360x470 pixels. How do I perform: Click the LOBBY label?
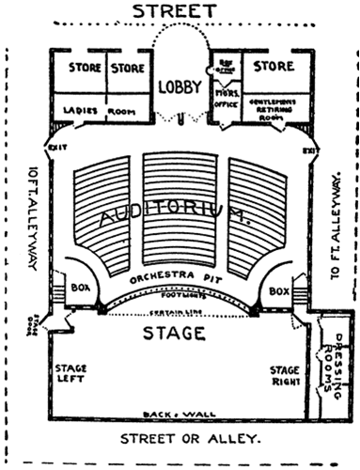[180, 86]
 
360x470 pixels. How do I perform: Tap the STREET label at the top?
[180, 11]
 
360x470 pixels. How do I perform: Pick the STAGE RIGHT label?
[286, 376]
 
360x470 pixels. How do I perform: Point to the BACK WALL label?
[180, 415]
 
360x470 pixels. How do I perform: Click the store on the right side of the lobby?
[274, 68]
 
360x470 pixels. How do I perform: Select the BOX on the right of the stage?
[278, 292]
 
